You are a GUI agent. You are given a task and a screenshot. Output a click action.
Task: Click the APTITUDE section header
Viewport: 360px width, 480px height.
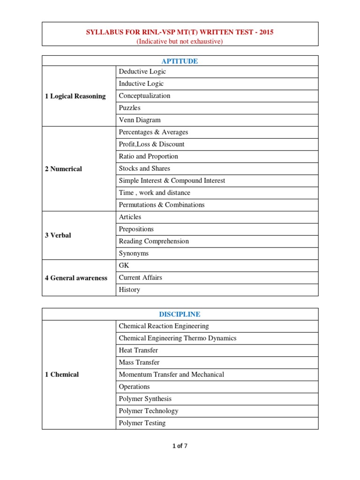pyautogui.click(x=180, y=61)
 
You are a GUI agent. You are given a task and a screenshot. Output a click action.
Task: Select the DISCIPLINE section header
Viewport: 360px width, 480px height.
pyautogui.click(x=180, y=314)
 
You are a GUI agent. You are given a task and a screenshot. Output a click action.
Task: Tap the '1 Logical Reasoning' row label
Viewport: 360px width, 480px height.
pyautogui.click(x=75, y=96)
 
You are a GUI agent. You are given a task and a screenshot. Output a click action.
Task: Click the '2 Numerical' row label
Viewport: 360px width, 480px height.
pyautogui.click(x=63, y=169)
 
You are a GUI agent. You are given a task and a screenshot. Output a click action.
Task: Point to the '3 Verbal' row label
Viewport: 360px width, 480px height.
pyautogui.click(x=58, y=235)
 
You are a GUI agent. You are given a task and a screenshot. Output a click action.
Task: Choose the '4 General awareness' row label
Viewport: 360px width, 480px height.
pyautogui.click(x=76, y=278)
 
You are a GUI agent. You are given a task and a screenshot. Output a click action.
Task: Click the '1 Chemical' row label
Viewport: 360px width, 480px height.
pyautogui.click(x=62, y=375)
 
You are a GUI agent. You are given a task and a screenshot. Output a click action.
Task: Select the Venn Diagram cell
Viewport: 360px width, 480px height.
pyautogui.click(x=140, y=120)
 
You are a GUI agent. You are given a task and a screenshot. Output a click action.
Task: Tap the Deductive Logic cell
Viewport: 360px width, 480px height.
pyautogui.click(x=142, y=72)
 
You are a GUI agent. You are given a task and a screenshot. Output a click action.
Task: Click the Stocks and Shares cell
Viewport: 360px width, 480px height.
pyautogui.click(x=144, y=168)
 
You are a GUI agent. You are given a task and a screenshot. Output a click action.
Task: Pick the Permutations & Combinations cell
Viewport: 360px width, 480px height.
pyautogui.click(x=162, y=205)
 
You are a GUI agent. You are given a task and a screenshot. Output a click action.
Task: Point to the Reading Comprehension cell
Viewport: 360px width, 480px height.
pyautogui.click(x=154, y=241)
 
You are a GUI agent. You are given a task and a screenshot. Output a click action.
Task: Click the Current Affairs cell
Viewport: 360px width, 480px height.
pyautogui.click(x=141, y=277)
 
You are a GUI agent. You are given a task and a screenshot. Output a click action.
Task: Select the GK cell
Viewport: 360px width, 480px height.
pyautogui.click(x=124, y=265)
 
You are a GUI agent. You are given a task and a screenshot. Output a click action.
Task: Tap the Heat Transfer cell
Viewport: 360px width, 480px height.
pyautogui.click(x=138, y=350)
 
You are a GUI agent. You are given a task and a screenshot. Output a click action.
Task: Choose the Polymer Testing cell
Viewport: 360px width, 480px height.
pyautogui.click(x=142, y=423)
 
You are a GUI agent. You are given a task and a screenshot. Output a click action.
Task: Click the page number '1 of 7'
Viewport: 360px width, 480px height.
pyautogui.click(x=180, y=446)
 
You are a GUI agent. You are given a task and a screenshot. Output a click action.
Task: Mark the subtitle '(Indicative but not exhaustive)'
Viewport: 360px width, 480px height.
pyautogui.click(x=180, y=41)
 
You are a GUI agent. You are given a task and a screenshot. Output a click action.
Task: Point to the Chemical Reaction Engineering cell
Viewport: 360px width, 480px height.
pyautogui.click(x=164, y=326)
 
